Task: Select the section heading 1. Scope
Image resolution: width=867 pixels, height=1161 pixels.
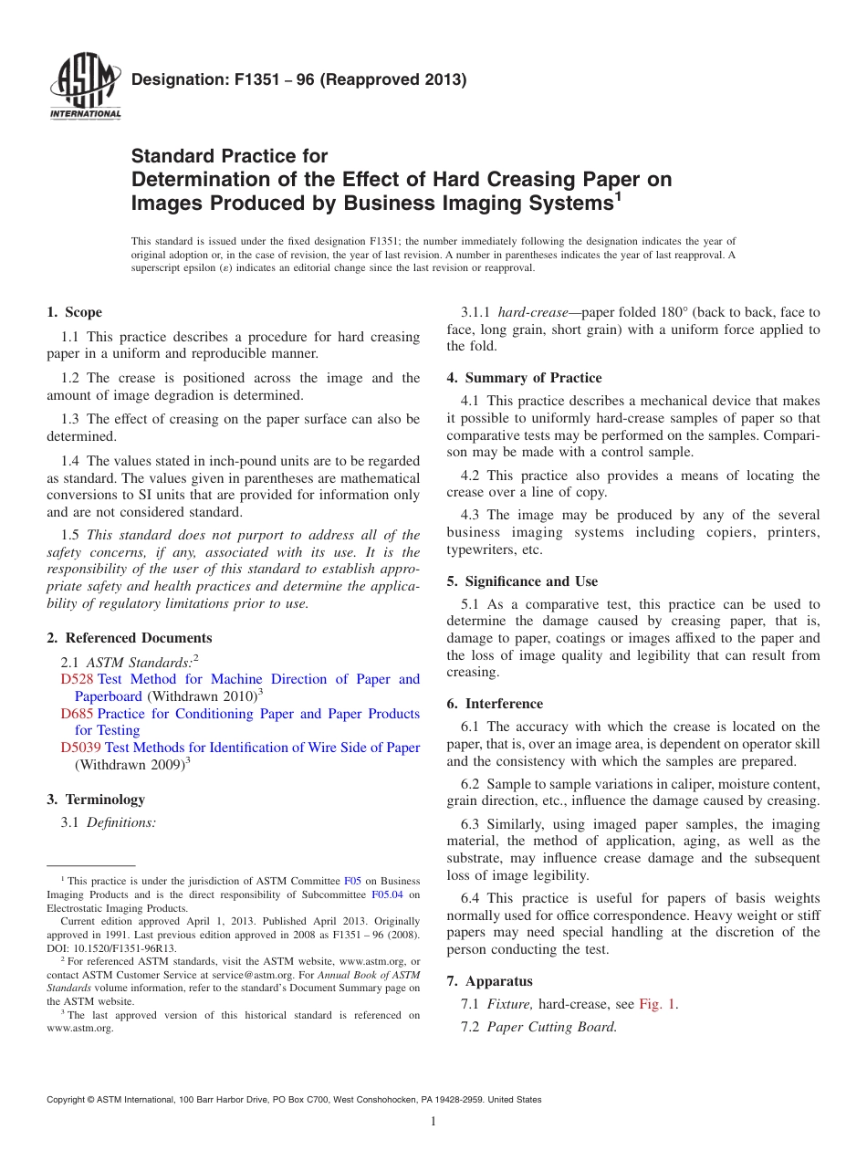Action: click(x=75, y=312)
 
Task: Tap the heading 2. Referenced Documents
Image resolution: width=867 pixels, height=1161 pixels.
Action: click(x=130, y=638)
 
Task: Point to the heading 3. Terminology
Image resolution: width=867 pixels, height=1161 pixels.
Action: click(x=96, y=800)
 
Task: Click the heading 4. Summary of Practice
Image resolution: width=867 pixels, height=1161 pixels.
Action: click(x=524, y=378)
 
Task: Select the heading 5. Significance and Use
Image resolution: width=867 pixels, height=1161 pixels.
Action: click(x=522, y=581)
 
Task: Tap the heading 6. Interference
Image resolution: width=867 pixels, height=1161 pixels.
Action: click(x=495, y=704)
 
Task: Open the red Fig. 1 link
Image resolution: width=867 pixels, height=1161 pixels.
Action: click(x=657, y=1004)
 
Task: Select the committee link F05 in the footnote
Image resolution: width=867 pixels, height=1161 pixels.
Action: click(x=352, y=881)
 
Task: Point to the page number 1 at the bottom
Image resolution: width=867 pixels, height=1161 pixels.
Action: click(x=433, y=1121)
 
